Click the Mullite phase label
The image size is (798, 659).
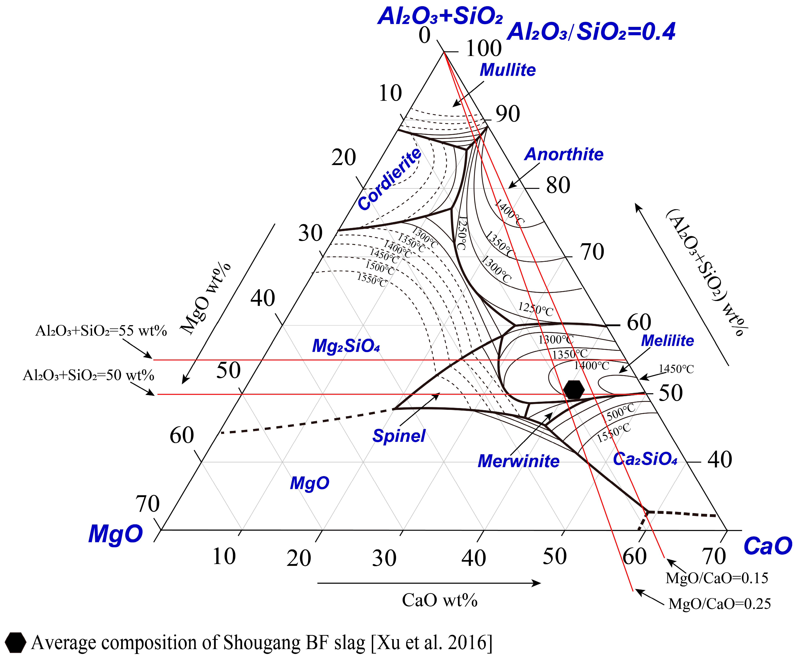[x=508, y=70]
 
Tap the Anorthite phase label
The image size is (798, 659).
[x=564, y=155]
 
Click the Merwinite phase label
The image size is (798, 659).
[x=518, y=461]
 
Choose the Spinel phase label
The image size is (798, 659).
[x=399, y=436]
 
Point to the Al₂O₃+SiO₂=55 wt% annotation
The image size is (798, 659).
[x=101, y=331]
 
